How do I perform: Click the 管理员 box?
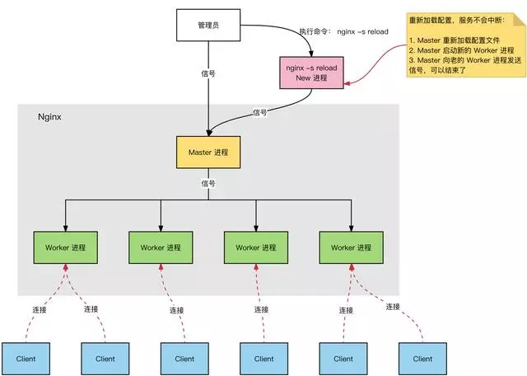click(x=208, y=26)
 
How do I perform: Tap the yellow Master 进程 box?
click(x=208, y=153)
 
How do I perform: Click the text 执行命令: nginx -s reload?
click(x=345, y=32)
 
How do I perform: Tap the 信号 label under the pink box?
click(x=259, y=112)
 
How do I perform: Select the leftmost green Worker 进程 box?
click(x=66, y=247)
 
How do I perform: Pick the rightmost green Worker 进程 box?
click(x=352, y=247)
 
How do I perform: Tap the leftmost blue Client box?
click(x=26, y=359)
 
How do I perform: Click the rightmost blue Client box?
click(x=422, y=359)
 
